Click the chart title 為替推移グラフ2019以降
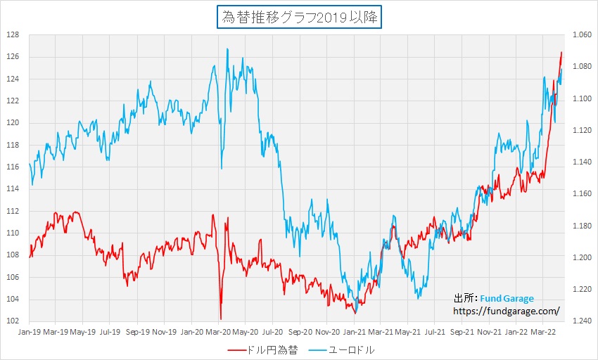[299, 18]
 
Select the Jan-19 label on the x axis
[28, 330]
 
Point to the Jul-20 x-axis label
[272, 330]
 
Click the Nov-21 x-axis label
[490, 330]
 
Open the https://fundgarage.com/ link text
[507, 310]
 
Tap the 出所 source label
[466, 298]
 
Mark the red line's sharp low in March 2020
[221, 319]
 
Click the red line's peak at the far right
[561, 52]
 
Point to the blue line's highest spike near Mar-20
[228, 49]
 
